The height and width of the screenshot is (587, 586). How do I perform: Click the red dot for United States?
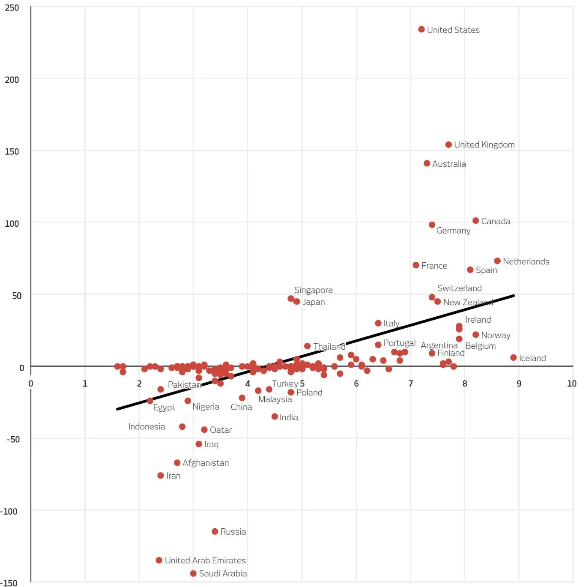point(421,29)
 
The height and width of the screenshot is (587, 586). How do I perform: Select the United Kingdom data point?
point(448,144)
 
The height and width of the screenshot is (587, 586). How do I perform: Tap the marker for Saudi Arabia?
point(193,573)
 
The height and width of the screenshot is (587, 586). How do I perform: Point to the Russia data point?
point(215,531)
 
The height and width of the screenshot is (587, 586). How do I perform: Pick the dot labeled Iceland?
point(513,358)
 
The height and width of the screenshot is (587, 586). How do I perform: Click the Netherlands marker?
point(497,261)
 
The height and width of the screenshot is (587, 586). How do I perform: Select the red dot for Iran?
point(160,476)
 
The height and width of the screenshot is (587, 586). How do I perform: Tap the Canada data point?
point(476,220)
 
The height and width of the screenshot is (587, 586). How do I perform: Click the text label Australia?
point(449,164)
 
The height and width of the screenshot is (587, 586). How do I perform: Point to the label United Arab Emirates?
point(205,560)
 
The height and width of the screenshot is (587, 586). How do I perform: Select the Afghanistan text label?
point(206,463)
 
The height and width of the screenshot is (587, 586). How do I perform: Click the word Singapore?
point(313,290)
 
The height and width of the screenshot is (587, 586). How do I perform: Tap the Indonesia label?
point(146,427)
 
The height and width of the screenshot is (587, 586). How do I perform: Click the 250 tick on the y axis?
point(12,8)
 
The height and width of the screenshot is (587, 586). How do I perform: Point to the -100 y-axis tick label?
point(9,511)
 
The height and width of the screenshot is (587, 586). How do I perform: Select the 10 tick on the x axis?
point(572,383)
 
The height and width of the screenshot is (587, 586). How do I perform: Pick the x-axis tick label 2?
point(139,383)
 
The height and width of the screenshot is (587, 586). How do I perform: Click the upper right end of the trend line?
point(514,296)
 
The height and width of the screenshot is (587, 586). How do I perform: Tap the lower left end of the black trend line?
point(117,409)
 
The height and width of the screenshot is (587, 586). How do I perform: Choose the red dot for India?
point(274,416)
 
